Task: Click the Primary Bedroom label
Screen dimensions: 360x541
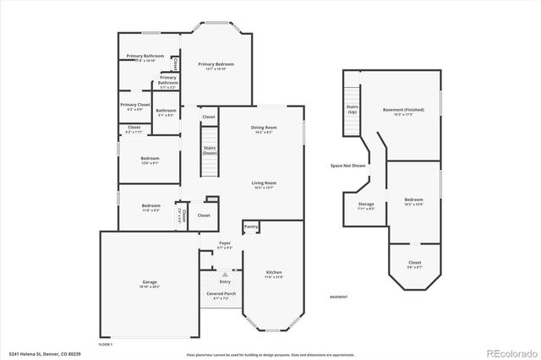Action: click(x=216, y=64)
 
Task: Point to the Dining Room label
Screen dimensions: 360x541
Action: click(x=264, y=128)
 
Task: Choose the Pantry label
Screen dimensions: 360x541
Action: click(x=251, y=226)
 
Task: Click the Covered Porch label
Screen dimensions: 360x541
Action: click(x=221, y=293)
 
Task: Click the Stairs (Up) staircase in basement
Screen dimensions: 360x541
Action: click(x=352, y=110)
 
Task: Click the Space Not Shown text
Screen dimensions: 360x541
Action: click(x=347, y=166)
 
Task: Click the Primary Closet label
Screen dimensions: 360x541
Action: click(x=134, y=105)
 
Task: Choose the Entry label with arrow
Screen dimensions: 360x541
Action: click(x=225, y=280)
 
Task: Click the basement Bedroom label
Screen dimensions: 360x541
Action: click(x=413, y=199)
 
